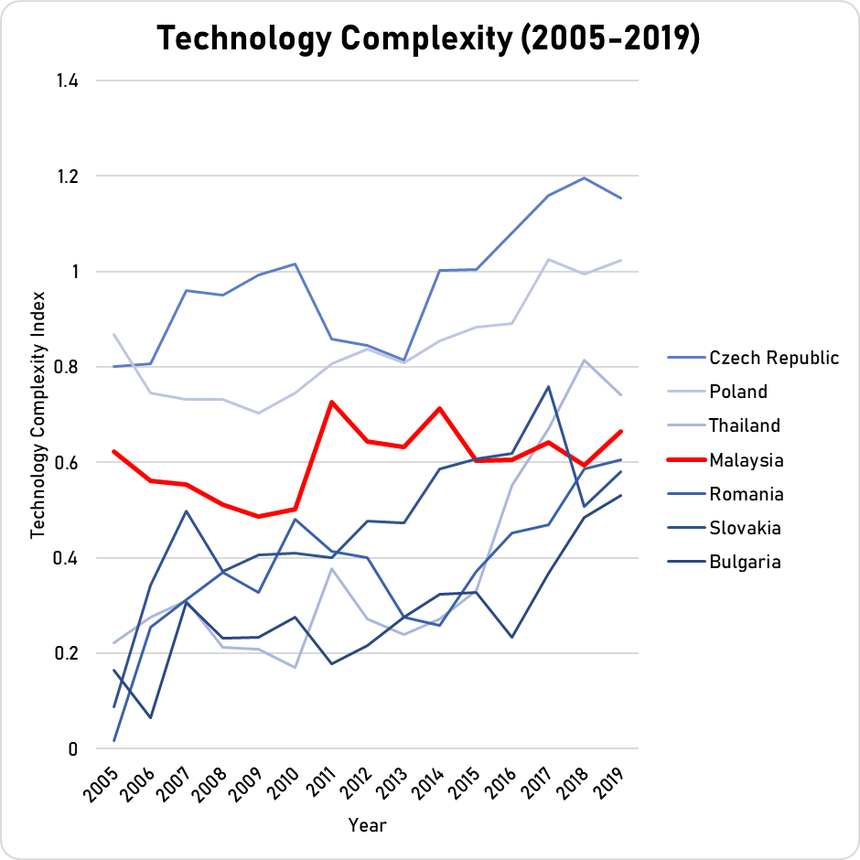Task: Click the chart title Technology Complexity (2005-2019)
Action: [429, 39]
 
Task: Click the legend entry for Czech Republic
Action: [774, 358]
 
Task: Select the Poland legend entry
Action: [739, 392]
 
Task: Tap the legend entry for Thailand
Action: [745, 425]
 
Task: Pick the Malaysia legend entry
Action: [747, 459]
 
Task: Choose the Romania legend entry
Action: [747, 494]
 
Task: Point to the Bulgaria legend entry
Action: [745, 562]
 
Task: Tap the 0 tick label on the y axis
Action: [71, 749]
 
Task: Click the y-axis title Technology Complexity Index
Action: [38, 414]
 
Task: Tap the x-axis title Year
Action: [367, 825]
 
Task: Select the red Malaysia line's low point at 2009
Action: [259, 517]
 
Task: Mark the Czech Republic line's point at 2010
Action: [296, 263]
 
